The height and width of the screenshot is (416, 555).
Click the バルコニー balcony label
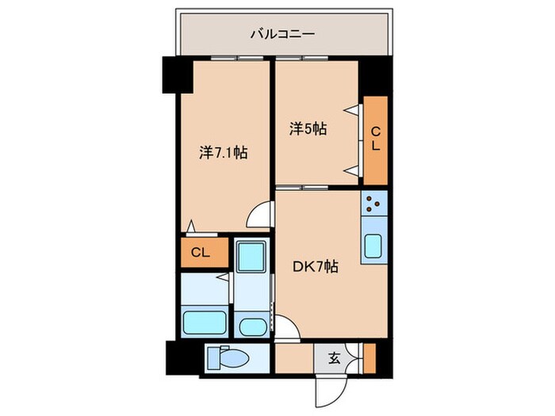(x=283, y=34)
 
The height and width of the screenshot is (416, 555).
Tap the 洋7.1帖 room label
(x=223, y=152)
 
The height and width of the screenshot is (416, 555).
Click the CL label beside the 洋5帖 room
(x=376, y=139)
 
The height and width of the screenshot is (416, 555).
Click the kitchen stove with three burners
(x=373, y=205)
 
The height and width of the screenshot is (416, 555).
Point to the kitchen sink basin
(x=373, y=246)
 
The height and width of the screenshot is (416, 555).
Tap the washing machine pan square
(x=253, y=257)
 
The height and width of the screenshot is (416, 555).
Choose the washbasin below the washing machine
(x=253, y=326)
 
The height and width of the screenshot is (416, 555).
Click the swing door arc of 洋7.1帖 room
(x=261, y=216)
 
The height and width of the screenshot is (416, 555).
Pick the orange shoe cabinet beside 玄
(x=369, y=358)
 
